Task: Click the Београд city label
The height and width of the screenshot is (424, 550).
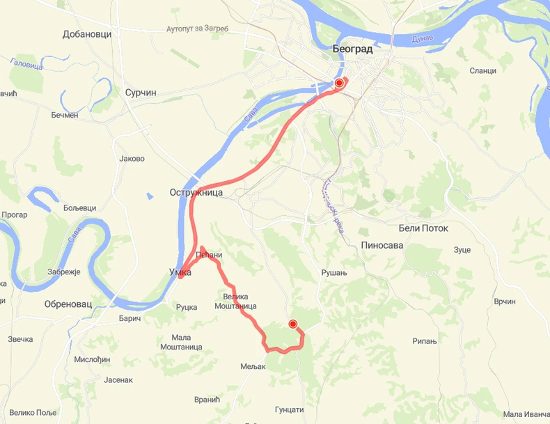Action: (352, 49)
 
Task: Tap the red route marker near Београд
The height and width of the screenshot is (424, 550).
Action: (339, 84)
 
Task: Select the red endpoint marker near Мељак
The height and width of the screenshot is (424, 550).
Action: (293, 324)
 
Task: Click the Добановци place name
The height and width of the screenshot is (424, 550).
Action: (87, 34)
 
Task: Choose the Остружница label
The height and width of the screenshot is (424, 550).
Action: (196, 192)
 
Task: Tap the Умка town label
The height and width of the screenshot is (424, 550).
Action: (180, 272)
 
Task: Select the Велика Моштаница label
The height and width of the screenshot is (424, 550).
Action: (235, 301)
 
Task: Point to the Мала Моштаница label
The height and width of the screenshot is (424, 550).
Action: (181, 342)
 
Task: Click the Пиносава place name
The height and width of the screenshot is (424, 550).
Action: (382, 245)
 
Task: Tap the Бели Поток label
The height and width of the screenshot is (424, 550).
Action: (423, 228)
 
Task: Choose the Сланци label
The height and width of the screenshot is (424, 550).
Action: (482, 70)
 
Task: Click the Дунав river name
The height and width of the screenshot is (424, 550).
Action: (422, 36)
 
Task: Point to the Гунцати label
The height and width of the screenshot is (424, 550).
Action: (290, 409)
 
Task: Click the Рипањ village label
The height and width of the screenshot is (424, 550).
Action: (424, 341)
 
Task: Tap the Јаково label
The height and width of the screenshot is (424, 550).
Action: (132, 159)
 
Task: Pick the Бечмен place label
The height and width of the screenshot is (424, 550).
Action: (65, 115)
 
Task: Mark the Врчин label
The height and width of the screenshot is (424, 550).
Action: (504, 301)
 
